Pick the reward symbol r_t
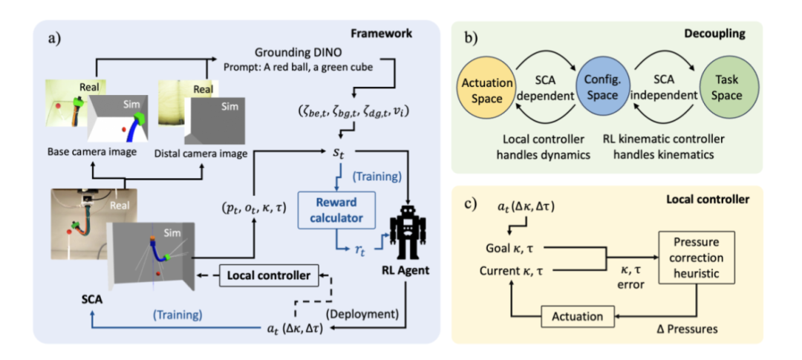point(358,252)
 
